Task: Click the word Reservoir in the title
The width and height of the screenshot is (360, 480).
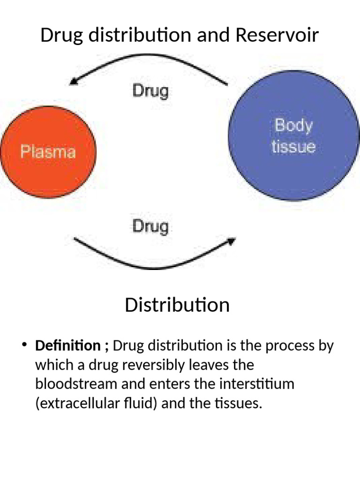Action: (277, 35)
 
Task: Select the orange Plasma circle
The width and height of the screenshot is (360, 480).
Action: (48, 151)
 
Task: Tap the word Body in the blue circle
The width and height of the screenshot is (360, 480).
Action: (293, 126)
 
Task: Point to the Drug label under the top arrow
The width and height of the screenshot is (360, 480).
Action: (150, 90)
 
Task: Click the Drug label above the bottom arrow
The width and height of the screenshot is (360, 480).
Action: (150, 226)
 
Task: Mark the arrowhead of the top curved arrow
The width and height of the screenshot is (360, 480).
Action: (73, 82)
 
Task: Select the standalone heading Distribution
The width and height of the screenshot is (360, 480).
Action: (177, 305)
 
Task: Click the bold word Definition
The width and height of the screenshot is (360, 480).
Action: (68, 346)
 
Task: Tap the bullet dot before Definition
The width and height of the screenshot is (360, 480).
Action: (24, 346)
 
